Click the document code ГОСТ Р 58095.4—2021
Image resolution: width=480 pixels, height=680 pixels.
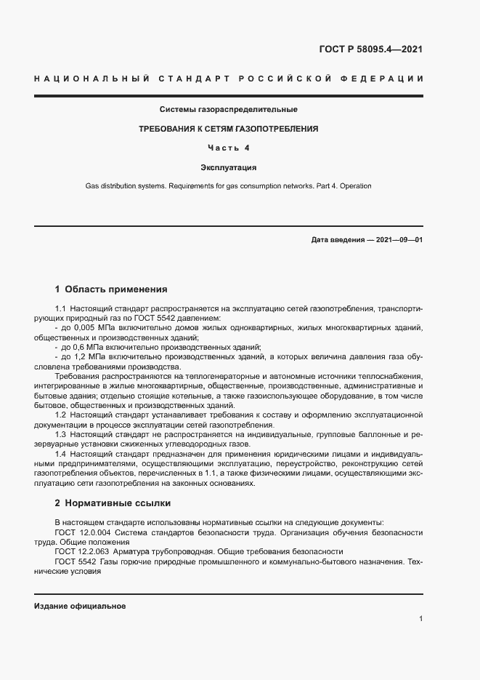point(371,50)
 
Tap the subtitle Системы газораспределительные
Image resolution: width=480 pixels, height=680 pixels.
point(229,110)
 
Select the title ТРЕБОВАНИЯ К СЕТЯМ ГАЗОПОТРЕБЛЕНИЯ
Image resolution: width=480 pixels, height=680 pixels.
point(229,129)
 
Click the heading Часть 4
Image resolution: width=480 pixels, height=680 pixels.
point(229,148)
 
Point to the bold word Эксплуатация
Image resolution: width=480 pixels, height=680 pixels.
point(229,167)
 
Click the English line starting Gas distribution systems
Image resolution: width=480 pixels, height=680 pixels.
point(229,186)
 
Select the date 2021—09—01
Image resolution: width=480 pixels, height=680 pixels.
point(399,239)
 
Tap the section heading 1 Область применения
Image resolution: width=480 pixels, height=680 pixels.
point(111,289)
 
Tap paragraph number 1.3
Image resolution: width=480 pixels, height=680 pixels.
point(61,434)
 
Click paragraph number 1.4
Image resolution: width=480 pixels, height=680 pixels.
point(61,454)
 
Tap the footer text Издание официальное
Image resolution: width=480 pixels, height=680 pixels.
point(80,606)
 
